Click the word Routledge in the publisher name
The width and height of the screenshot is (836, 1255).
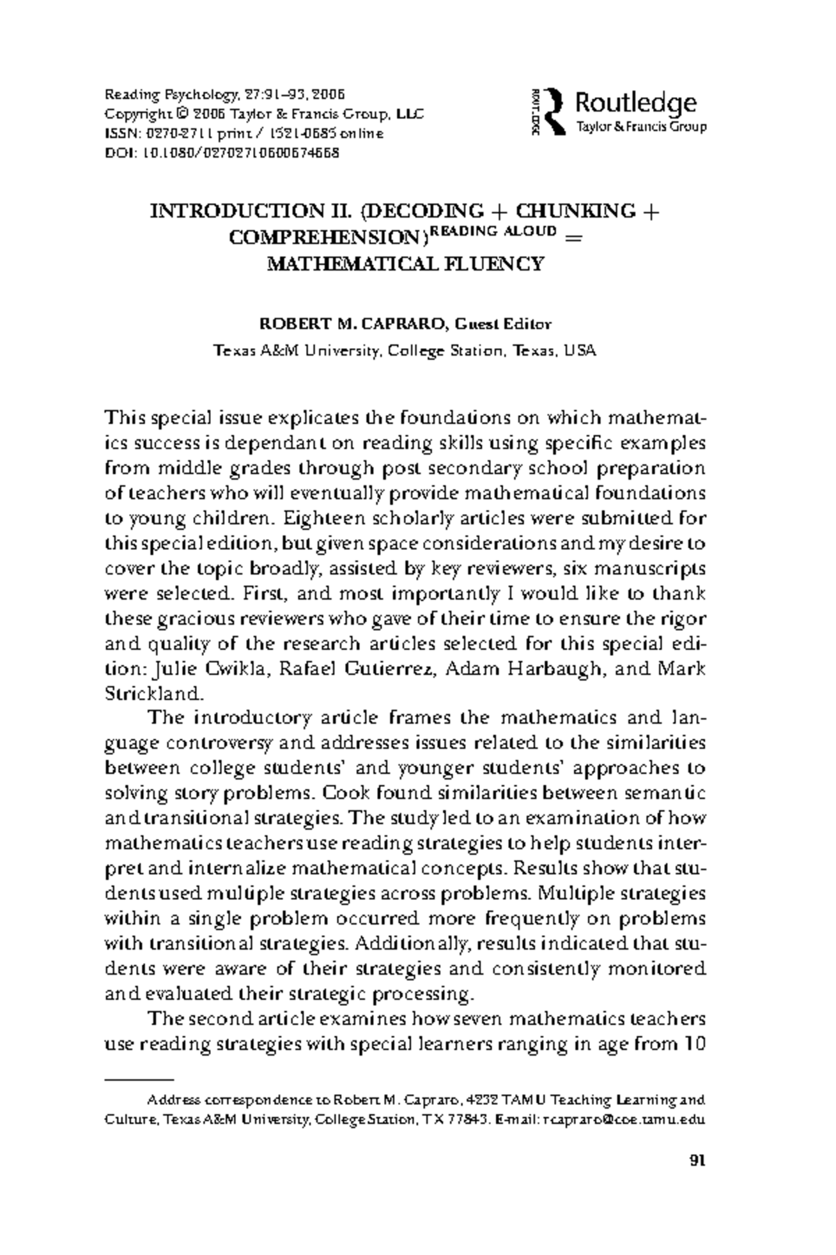pos(635,103)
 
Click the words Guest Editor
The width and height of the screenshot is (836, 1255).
pos(502,324)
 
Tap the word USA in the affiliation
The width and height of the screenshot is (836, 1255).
pos(580,351)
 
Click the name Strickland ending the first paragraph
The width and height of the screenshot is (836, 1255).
pos(153,694)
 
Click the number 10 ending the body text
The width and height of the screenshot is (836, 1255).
pos(695,1044)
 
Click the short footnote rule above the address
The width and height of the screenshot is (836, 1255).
pos(138,1079)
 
